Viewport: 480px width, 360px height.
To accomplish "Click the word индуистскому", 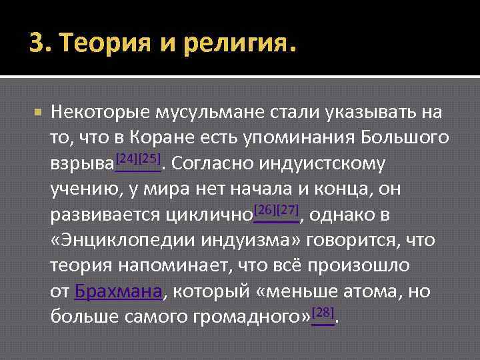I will pos(333,163).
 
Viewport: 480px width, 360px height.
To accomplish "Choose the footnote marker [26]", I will pos(266,211).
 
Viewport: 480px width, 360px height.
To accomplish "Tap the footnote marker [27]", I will pos(288,211).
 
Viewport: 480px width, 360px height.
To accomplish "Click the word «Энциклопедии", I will pos(120,241).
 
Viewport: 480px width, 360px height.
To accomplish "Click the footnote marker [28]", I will pos(323,312).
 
